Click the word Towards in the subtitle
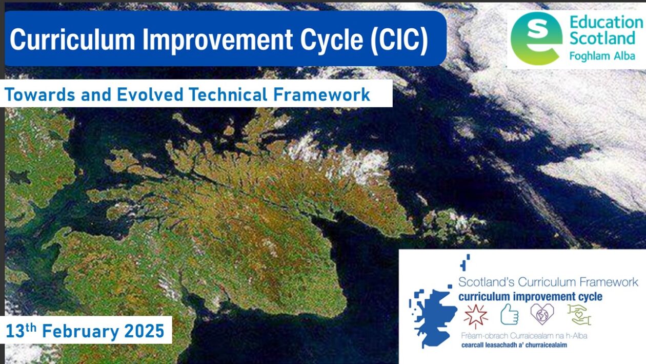[x=37, y=94]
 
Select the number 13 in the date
[x=16, y=331]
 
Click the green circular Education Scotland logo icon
[x=536, y=39]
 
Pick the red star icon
[x=475, y=314]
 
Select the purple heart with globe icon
[x=542, y=314]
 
